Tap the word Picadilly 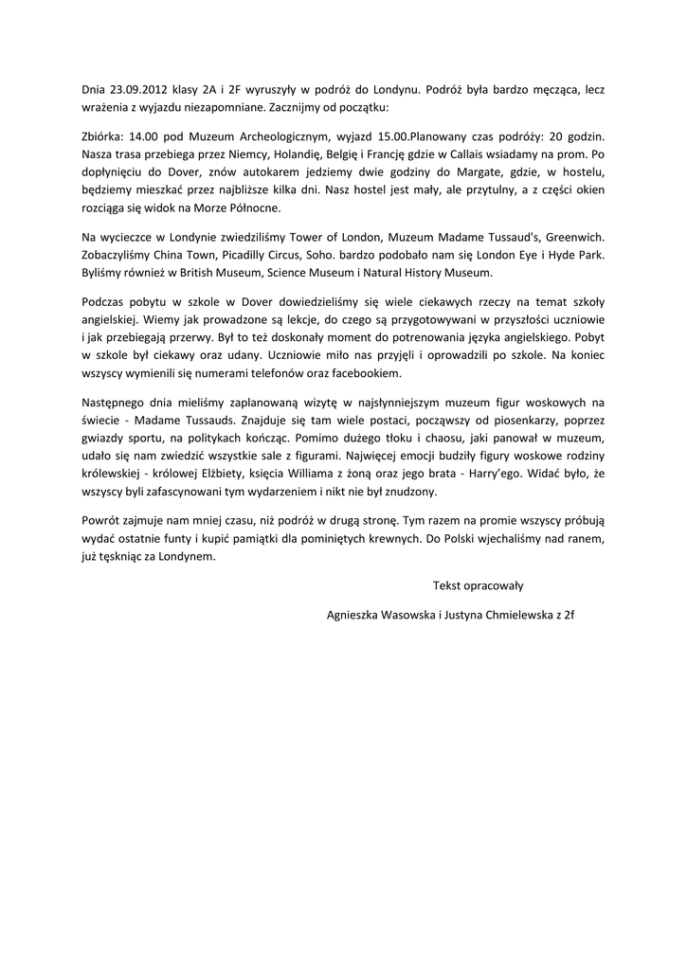(x=262, y=255)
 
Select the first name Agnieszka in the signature (x=353, y=614)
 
